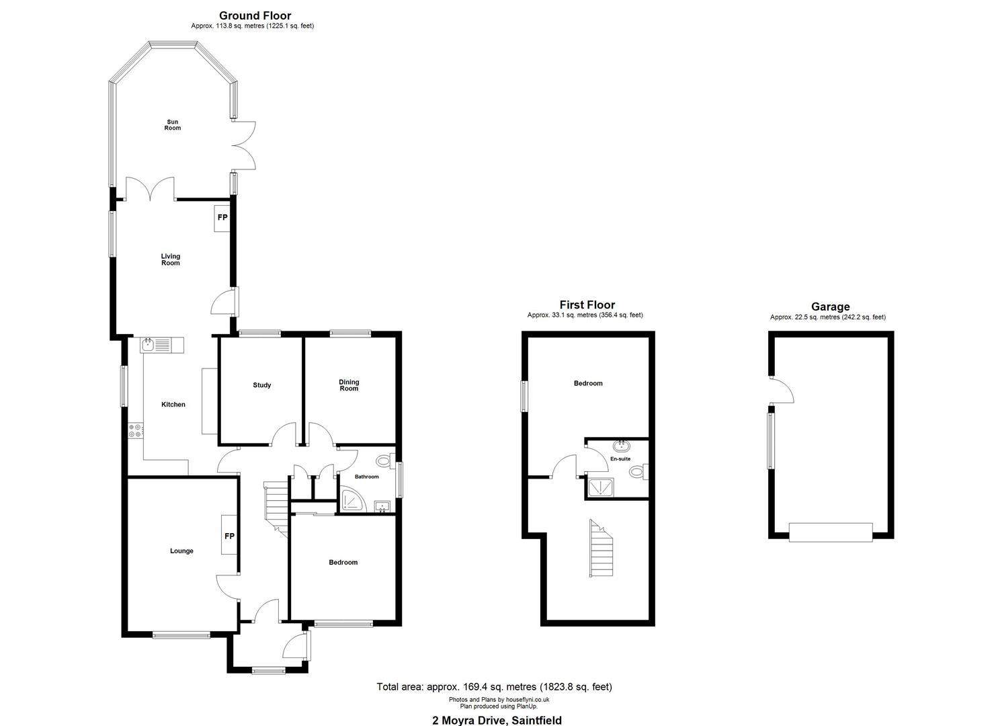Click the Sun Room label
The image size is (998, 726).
(173, 125)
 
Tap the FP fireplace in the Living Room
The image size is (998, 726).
(222, 218)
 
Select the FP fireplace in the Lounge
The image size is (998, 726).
(229, 535)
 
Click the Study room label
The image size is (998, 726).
(261, 385)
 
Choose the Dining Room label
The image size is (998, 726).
(349, 385)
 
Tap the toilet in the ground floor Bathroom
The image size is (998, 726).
(385, 460)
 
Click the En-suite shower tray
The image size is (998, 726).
(601, 487)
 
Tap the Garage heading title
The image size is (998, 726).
(830, 307)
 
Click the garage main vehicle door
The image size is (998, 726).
(831, 532)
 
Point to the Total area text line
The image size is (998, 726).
(494, 687)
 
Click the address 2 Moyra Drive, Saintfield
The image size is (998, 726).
(497, 720)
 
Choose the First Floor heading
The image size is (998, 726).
(587, 305)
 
